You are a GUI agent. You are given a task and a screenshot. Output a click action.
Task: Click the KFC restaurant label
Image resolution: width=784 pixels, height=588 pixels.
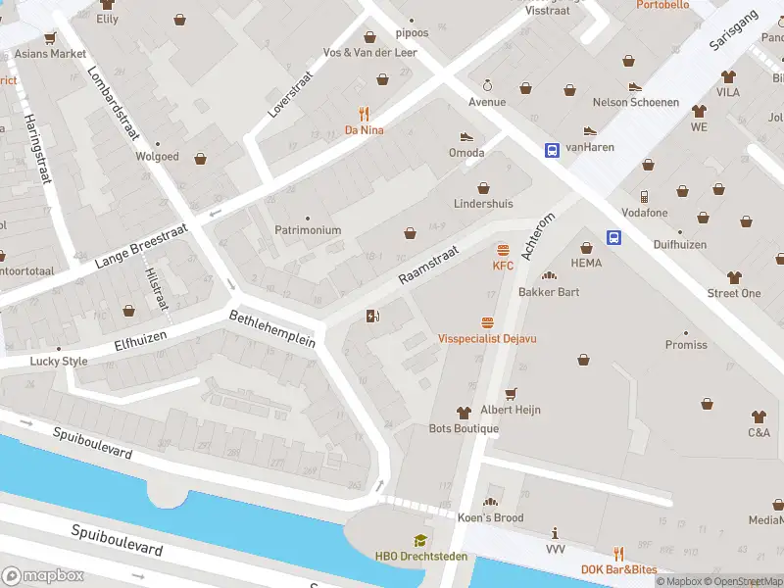503,266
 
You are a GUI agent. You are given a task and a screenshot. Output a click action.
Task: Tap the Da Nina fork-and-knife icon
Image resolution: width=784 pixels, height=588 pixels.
364,113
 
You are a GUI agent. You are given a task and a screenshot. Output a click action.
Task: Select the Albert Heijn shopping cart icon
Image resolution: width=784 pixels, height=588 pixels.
510,394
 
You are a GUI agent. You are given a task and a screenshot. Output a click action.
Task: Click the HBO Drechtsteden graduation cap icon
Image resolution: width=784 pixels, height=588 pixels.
419,540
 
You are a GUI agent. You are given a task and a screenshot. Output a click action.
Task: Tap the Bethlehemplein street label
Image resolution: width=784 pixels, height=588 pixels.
271,328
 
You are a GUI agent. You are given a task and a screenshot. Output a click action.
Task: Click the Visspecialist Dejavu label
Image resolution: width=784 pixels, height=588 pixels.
487,338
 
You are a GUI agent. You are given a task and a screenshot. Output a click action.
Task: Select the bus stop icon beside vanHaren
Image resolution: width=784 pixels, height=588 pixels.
553,150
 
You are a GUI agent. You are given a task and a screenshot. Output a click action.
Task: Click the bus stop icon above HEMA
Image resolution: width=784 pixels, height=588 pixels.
614,237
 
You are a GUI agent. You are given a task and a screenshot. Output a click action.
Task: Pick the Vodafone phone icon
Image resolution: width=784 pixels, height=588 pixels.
644,197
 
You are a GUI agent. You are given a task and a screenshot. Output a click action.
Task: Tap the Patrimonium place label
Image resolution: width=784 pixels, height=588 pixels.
308,230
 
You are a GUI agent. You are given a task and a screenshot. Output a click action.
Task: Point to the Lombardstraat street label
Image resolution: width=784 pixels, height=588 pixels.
116,106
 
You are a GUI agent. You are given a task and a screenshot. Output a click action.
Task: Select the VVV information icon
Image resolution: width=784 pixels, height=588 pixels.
555,534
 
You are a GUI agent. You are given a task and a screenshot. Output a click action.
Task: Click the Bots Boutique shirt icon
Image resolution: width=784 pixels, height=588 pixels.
464,414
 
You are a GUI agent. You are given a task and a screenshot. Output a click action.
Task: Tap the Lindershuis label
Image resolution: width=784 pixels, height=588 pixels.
482,204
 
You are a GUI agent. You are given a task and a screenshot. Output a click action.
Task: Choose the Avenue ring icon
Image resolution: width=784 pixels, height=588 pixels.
487,86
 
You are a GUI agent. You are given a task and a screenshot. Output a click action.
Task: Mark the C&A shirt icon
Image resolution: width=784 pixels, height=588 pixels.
759,416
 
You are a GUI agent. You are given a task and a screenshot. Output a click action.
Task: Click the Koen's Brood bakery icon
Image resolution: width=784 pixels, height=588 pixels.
490,502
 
